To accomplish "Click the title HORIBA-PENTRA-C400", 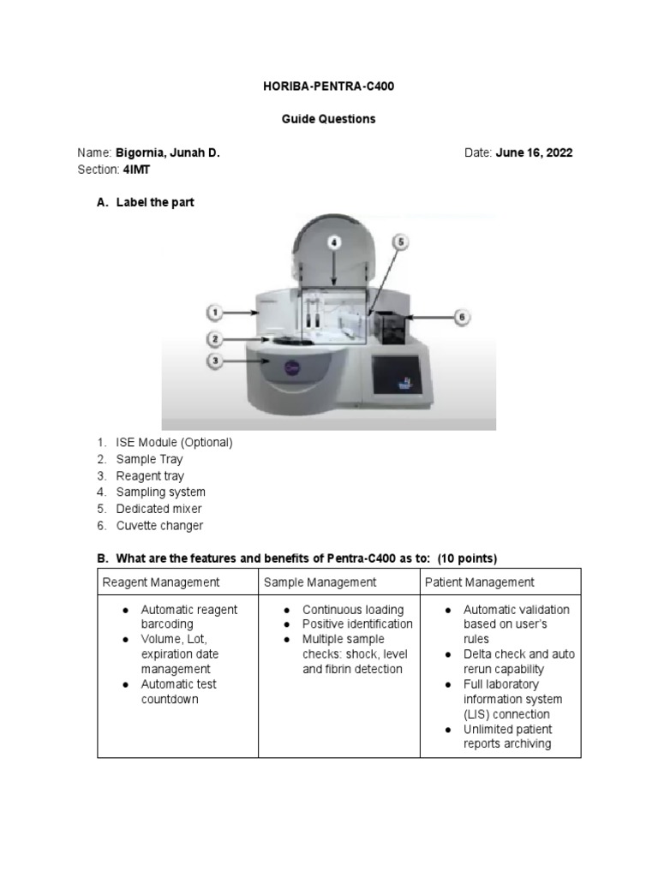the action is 328,87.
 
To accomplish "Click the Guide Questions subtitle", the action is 328,119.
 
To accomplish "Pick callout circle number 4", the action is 334,242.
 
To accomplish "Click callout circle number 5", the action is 399,242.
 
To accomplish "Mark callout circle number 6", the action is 461,317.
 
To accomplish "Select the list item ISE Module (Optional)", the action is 174,443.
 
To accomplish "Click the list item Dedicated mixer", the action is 159,509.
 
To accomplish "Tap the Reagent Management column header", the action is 161,582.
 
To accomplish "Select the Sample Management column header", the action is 320,582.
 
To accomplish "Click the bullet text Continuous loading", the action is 352,610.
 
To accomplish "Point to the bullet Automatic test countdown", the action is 179,692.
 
